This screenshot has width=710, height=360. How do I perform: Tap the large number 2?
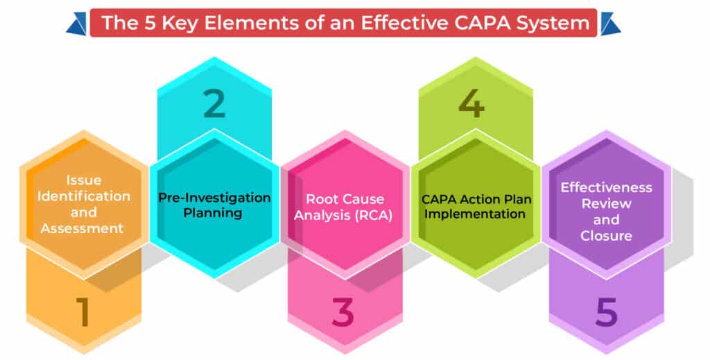[215, 103]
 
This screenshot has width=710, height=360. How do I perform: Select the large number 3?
[345, 312]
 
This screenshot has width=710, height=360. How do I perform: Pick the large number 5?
[605, 312]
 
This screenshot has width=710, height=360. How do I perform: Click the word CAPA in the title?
[481, 23]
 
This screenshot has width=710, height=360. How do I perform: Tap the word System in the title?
[557, 23]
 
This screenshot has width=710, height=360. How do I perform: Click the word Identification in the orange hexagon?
[84, 196]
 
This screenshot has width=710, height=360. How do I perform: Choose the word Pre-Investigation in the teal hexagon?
[214, 198]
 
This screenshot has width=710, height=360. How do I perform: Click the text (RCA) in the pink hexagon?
[374, 215]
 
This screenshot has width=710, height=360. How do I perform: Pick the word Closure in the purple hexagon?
[607, 236]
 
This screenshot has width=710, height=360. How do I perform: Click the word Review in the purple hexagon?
[607, 204]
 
